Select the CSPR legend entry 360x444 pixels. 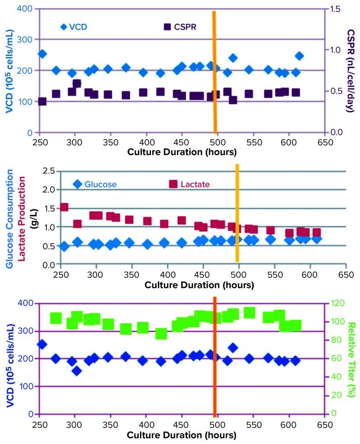coord(180,27)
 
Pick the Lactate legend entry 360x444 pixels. coord(190,184)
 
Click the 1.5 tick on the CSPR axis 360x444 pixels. coord(335,9)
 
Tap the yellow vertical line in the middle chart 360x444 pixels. coord(237,212)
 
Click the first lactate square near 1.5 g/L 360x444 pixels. coord(64,207)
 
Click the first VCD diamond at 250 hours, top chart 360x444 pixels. coord(42,54)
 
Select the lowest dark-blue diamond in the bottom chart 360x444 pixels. coord(77,371)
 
